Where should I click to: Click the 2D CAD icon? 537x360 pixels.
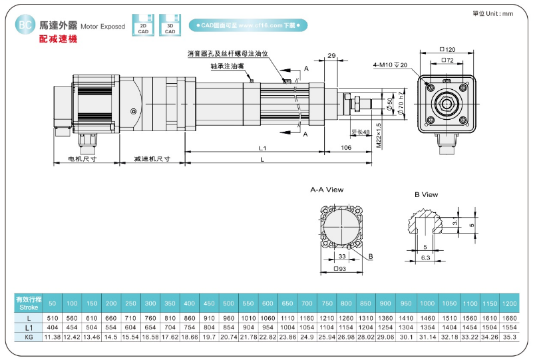coord(143,25)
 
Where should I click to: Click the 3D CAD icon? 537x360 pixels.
coord(170,25)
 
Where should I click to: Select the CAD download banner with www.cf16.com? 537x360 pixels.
coord(248,25)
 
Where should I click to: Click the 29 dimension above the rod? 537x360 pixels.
coord(331,58)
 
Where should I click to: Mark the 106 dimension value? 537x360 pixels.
coord(345,147)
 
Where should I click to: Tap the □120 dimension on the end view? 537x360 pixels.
coord(447,49)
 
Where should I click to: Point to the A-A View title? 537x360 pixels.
coord(327,190)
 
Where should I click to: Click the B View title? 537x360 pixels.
coord(426,194)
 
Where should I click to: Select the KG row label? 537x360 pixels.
coord(28,337)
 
